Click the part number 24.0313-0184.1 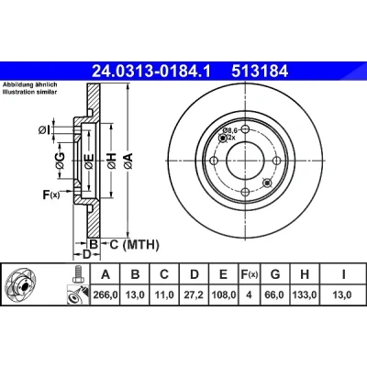coord(151,72)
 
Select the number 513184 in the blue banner coord(260,72)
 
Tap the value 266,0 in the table coord(106,295)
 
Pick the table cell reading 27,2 coord(195,295)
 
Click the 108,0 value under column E coord(224,295)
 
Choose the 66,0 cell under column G coord(275,295)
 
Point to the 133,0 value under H coord(305,295)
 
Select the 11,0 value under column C coord(164,295)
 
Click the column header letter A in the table coord(106,274)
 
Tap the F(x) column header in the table coord(249,274)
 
